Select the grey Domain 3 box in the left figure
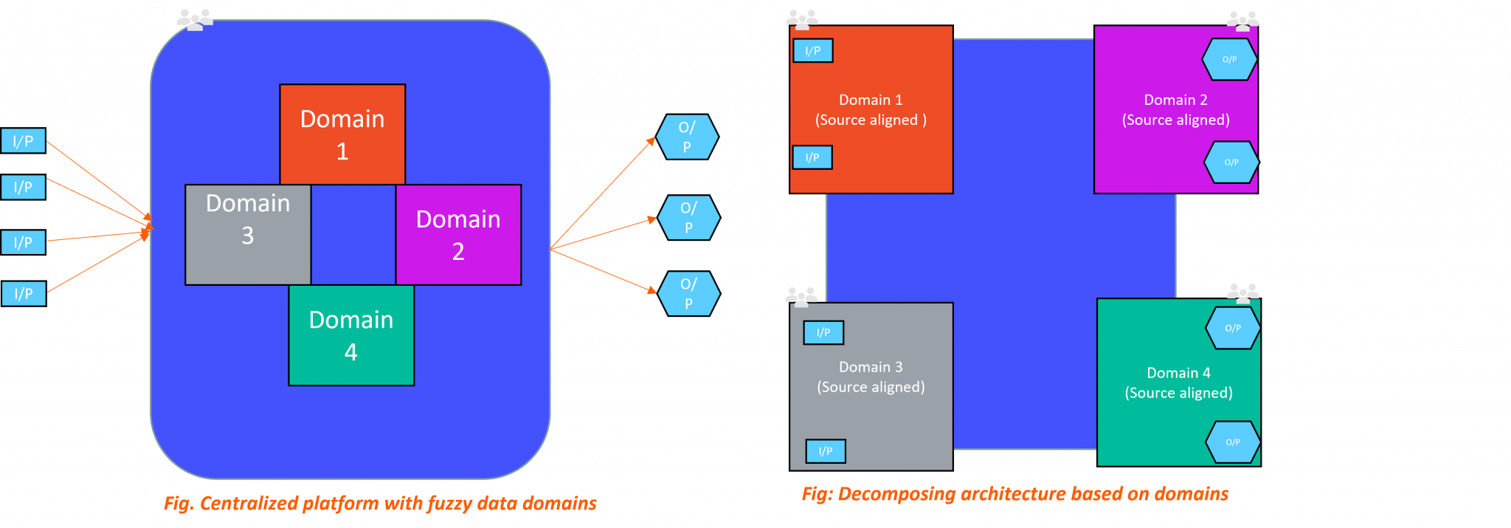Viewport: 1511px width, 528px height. coord(248,235)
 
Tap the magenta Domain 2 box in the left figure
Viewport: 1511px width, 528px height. coord(458,235)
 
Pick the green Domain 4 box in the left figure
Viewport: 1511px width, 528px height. coord(351,335)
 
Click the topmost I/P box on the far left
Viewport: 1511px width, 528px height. coord(23,141)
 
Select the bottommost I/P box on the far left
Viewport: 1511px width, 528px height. coord(24,293)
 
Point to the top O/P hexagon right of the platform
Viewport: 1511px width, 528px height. coord(687,137)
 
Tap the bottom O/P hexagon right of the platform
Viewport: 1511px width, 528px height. coord(688,293)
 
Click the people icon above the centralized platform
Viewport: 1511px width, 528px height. coord(195,19)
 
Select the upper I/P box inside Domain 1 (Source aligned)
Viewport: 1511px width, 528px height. coord(813,51)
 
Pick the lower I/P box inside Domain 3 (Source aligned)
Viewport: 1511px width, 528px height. coord(826,451)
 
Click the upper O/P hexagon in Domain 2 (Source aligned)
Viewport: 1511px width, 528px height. coord(1229,60)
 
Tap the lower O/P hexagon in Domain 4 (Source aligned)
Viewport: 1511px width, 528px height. coord(1232,442)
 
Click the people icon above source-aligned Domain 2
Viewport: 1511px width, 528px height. coord(1242,21)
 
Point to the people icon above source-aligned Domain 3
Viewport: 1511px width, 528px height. coord(801,296)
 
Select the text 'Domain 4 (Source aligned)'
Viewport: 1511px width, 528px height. coord(1178,383)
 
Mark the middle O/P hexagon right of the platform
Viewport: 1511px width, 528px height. coord(688,217)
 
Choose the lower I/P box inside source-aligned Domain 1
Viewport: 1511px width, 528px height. coord(812,157)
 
